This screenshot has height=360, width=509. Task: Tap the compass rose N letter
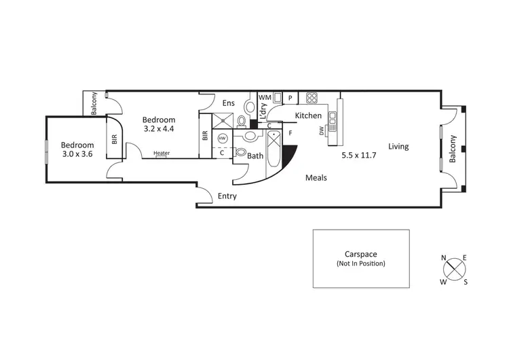tap(444, 258)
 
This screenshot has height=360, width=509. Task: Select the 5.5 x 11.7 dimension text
tap(363, 154)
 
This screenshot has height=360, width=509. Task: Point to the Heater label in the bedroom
tap(162, 153)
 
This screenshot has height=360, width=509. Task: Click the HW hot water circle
tap(222, 137)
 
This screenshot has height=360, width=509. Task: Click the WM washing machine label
tap(265, 98)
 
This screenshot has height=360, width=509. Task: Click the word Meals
tap(316, 178)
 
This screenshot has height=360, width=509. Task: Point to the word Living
tap(398, 146)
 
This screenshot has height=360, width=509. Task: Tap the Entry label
tap(227, 196)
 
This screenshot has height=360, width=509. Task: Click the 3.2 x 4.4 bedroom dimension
tap(159, 128)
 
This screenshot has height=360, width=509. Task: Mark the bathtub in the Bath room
tap(274, 148)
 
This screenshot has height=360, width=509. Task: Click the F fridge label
tap(290, 133)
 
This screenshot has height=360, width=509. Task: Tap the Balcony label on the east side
tap(452, 149)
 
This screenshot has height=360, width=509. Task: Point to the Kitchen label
tap(307, 115)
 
